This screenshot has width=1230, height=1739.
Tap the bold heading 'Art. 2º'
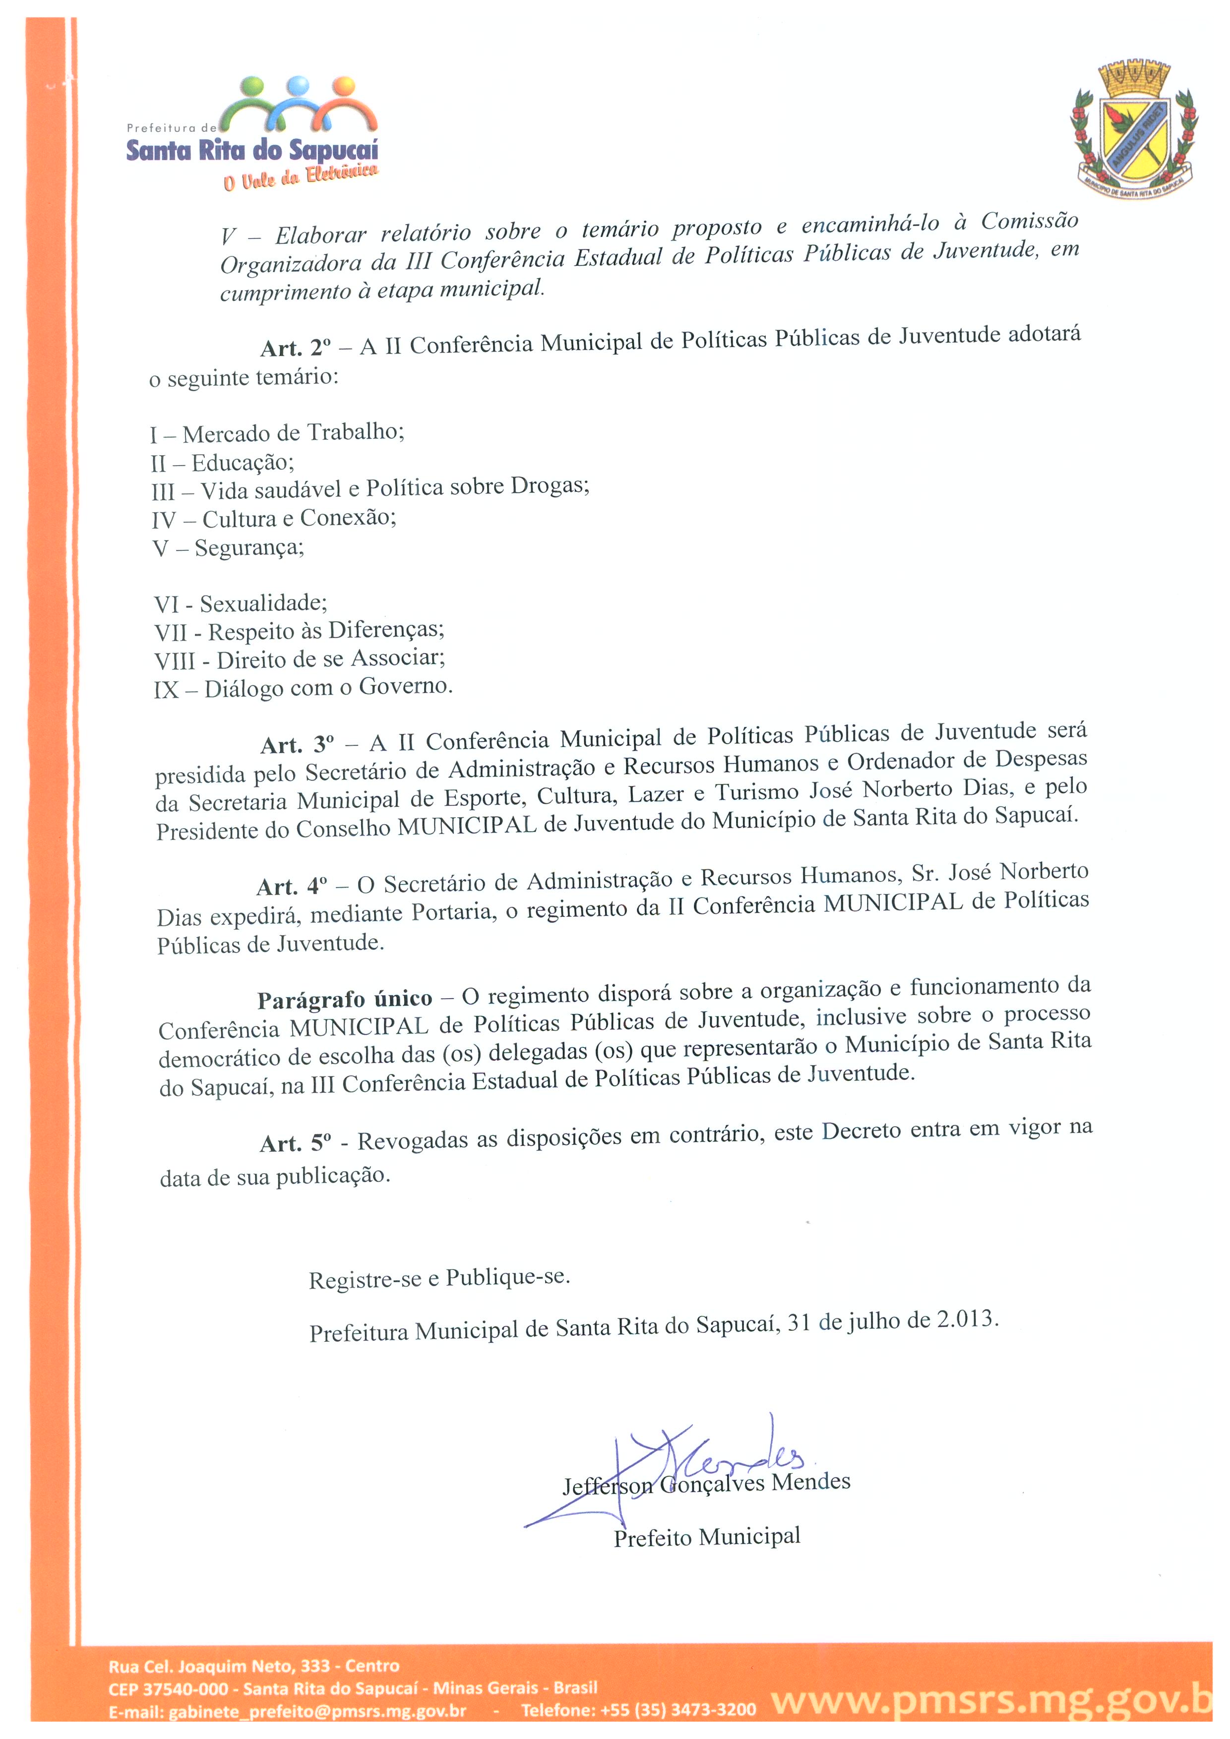296,348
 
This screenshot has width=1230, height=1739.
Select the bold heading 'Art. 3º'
297,744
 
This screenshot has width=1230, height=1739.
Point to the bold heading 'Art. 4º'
292,886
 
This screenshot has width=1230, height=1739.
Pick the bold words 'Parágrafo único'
345,1000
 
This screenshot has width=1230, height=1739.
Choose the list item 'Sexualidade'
263,603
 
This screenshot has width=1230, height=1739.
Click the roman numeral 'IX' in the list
166,690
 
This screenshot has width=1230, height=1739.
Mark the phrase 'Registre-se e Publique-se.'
439,1278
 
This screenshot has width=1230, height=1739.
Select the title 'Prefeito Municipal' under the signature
707,1537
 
